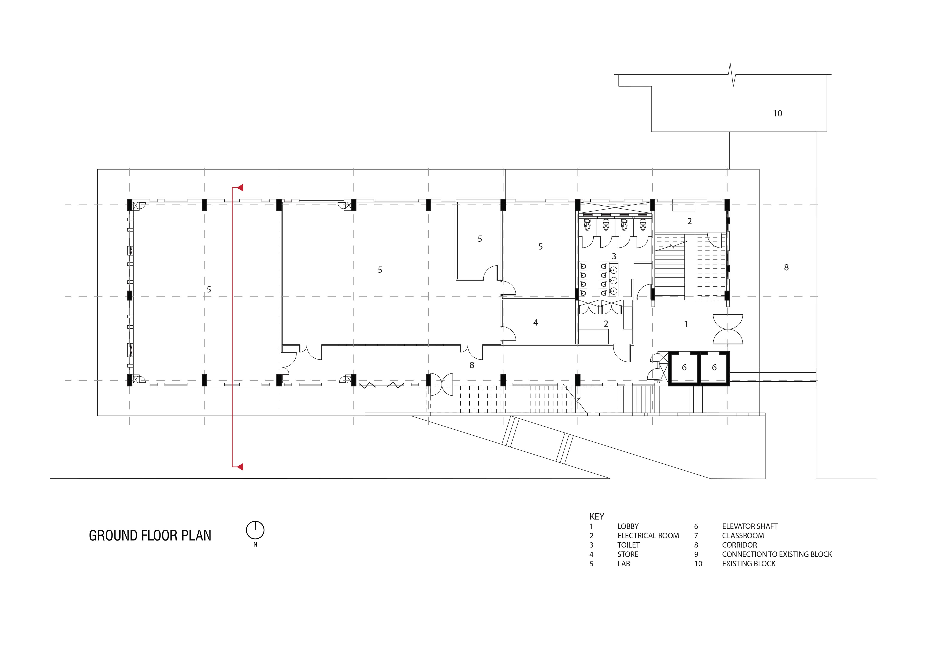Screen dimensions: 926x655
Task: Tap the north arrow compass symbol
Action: (255, 530)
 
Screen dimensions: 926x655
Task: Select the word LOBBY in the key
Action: (628, 526)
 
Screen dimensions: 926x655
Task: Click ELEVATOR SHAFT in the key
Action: (750, 526)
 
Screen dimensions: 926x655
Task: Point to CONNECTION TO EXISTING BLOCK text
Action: (777, 554)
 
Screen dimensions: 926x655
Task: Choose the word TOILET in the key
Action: (628, 545)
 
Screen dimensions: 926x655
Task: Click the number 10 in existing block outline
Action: (778, 114)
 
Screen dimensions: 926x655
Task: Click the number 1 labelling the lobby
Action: (686, 324)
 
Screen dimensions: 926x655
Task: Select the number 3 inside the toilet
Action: (614, 256)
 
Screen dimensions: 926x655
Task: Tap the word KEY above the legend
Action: (597, 517)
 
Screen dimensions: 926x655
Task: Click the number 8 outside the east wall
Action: (786, 267)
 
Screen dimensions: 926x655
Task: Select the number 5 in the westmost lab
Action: (209, 290)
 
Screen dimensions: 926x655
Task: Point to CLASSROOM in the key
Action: (743, 536)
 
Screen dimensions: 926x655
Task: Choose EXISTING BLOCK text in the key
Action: (749, 563)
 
